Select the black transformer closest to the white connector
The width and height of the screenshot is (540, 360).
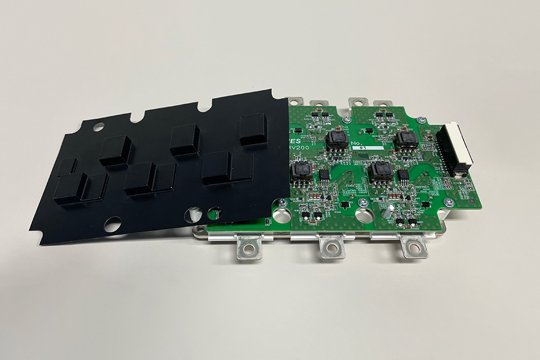point(406,141)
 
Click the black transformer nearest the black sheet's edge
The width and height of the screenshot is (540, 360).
point(300,171)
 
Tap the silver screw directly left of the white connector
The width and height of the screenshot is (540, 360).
point(421,120)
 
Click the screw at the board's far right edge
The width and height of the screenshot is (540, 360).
point(449,202)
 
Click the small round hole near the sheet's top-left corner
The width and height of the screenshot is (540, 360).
point(99,126)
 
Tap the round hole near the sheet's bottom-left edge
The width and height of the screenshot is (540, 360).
point(112,224)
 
